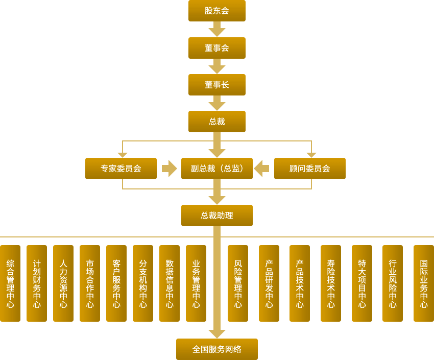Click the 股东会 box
pyautogui.click(x=216, y=11)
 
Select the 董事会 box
pyautogui.click(x=216, y=48)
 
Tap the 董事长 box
pyautogui.click(x=216, y=85)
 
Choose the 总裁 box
pyautogui.click(x=216, y=122)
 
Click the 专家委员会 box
pyautogui.click(x=121, y=169)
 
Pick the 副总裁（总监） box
pyautogui.click(x=216, y=169)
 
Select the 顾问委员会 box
pyautogui.click(x=309, y=169)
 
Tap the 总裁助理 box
pyautogui.click(x=216, y=215)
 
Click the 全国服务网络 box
pyautogui.click(x=216, y=349)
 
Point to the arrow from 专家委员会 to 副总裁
pyautogui.click(x=169, y=169)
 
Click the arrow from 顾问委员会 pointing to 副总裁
pyautogui.click(x=262, y=169)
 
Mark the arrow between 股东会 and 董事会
pyautogui.click(x=216, y=30)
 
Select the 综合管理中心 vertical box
pyautogui.click(x=10, y=283)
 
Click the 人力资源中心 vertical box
pyautogui.click(x=63, y=283)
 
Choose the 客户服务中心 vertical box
pyautogui.click(x=116, y=283)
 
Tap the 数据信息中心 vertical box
pyautogui.click(x=170, y=283)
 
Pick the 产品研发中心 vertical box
pyautogui.click(x=269, y=283)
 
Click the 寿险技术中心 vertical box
pyautogui.click(x=331, y=283)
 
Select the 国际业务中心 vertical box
pyautogui.click(x=423, y=283)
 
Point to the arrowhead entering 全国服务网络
pyautogui.click(x=216, y=333)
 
